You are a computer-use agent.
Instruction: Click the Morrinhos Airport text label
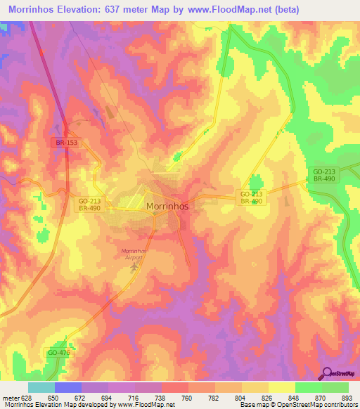[x=137, y=254]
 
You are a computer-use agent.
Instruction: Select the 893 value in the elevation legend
[x=337, y=398]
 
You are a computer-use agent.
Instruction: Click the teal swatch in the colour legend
[x=41, y=387]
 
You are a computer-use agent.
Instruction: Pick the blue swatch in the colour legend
[x=68, y=387]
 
